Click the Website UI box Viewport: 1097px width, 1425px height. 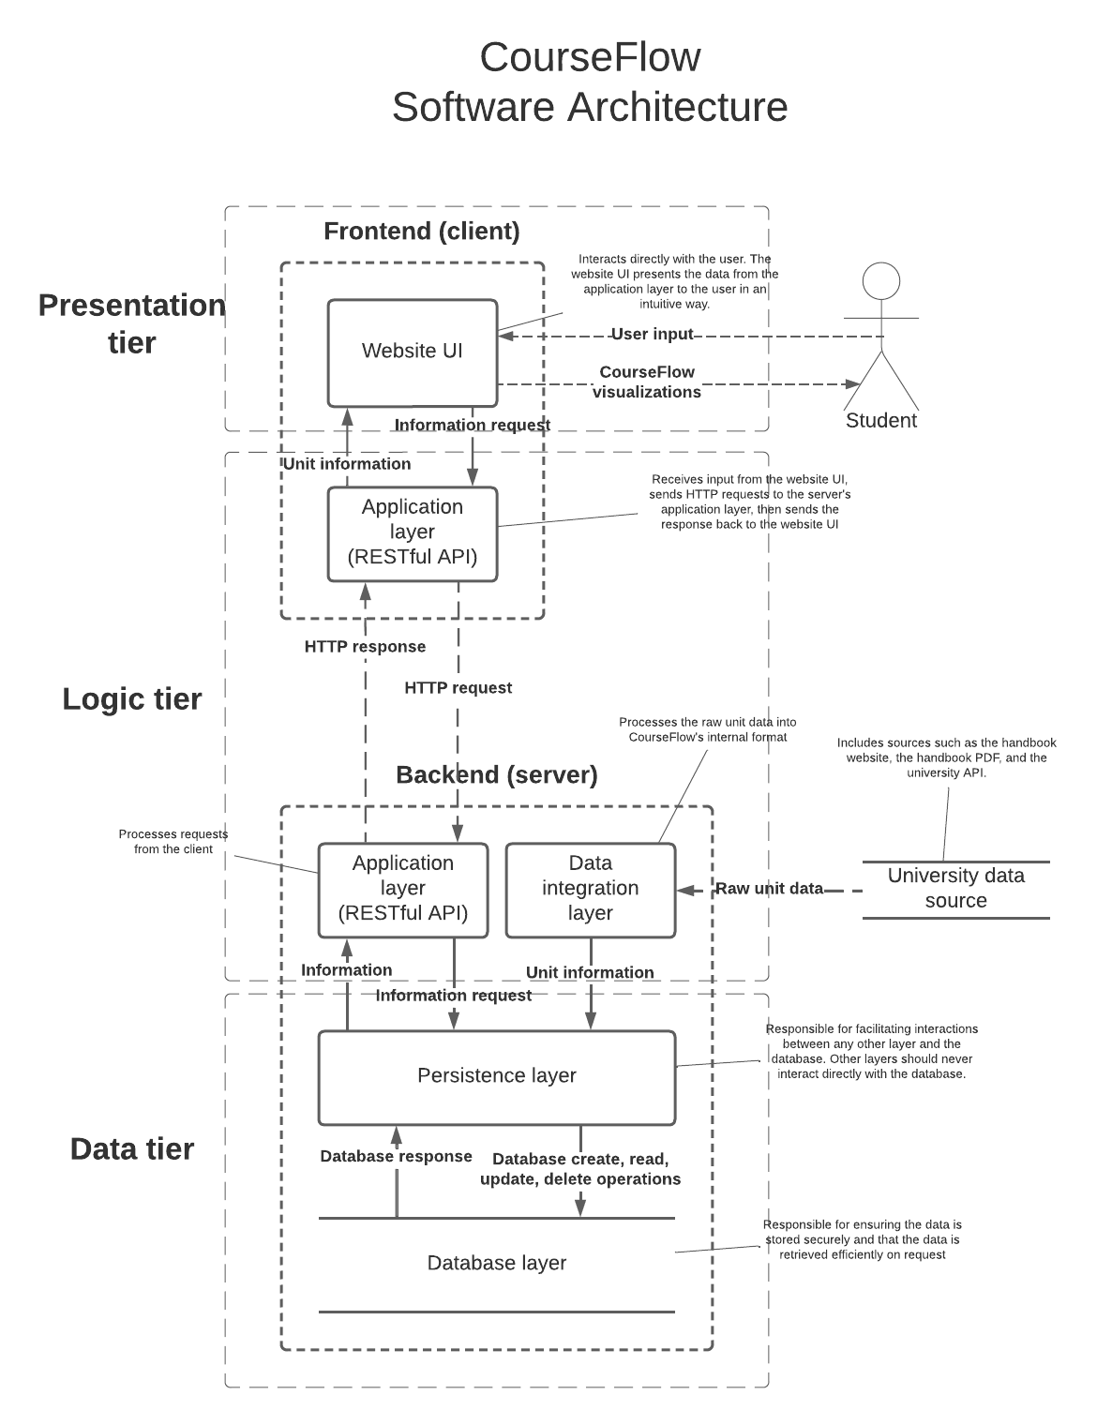[x=413, y=352]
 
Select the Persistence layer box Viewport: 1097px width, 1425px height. [x=497, y=1076]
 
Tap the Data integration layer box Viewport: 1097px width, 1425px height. [x=591, y=889]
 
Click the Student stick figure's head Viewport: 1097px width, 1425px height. [x=881, y=281]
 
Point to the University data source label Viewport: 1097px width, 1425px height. [x=955, y=888]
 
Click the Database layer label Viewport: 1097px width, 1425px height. [x=497, y=1263]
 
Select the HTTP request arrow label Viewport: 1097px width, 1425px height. [x=458, y=688]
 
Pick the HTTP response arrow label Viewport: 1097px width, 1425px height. [x=365, y=647]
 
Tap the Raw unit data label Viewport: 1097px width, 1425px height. [x=769, y=889]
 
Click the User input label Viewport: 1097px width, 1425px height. [x=653, y=335]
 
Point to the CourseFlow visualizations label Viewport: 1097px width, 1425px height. [x=647, y=382]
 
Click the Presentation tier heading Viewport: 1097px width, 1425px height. [x=131, y=323]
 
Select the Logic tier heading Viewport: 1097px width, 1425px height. [x=132, y=699]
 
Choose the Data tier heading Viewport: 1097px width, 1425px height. [x=132, y=1149]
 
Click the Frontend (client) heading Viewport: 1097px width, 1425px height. [x=422, y=232]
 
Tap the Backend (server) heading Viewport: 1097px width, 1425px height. [x=497, y=775]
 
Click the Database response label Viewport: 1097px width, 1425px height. [x=396, y=1157]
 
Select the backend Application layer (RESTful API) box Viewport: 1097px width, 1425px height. [x=403, y=889]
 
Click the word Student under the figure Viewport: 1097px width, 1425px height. [x=881, y=421]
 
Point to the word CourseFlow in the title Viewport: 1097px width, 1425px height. [x=590, y=57]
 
